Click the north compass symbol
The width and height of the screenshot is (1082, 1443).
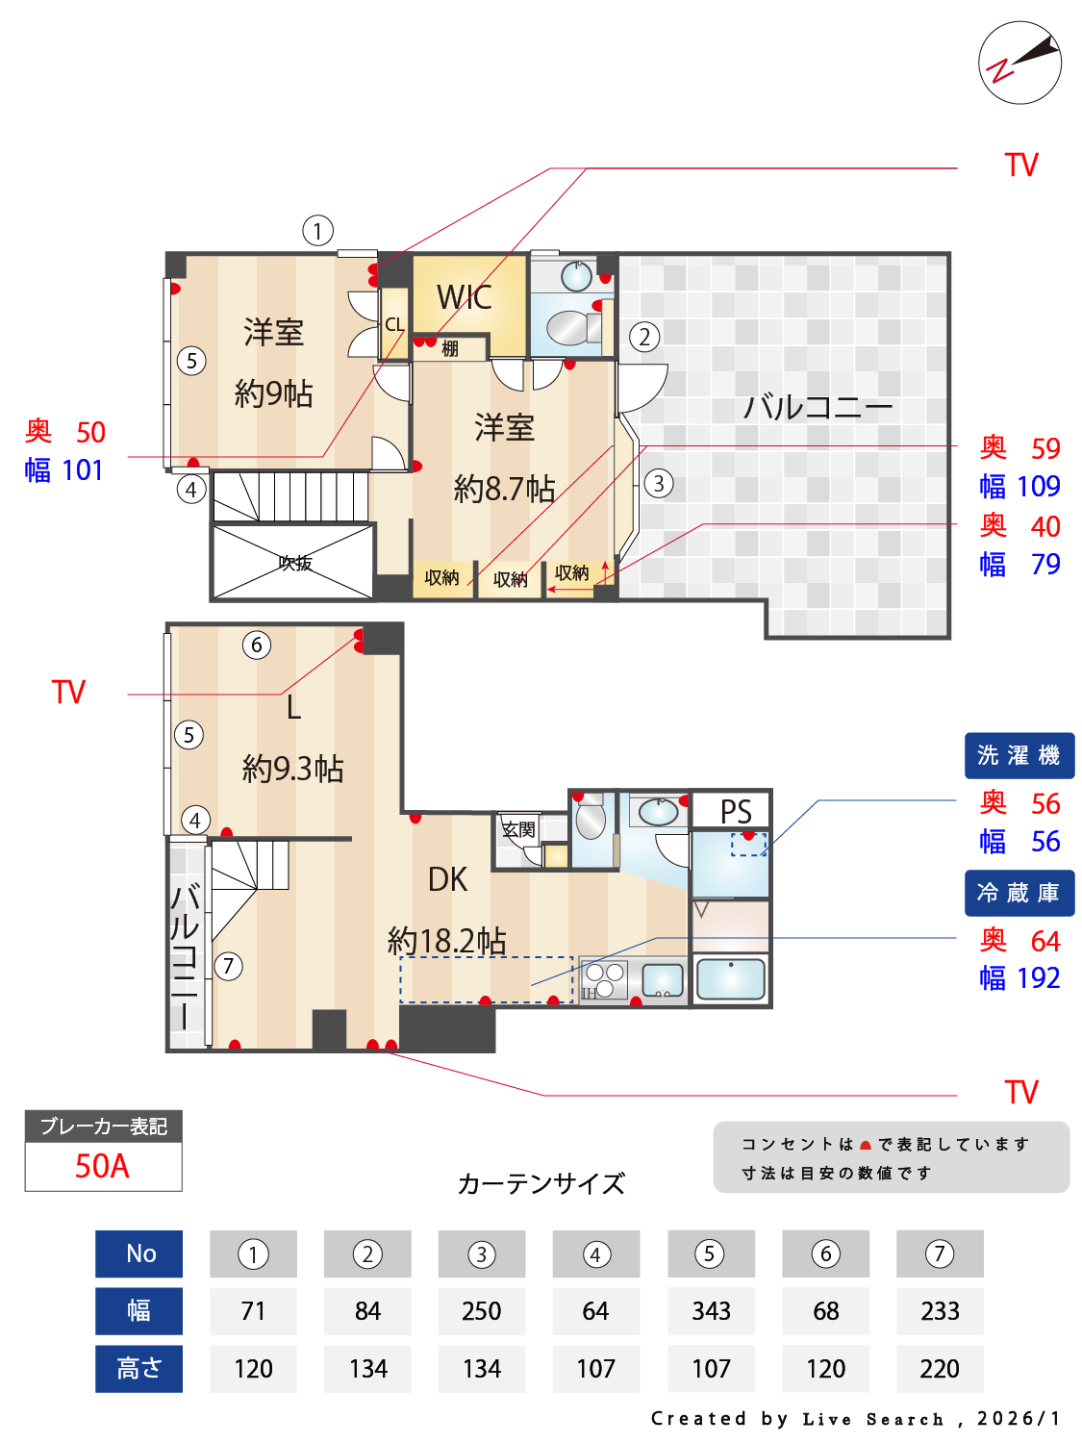(1019, 63)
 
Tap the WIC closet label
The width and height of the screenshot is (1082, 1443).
(465, 297)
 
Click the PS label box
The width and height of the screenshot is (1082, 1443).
(735, 811)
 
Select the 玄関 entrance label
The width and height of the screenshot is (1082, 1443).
(518, 829)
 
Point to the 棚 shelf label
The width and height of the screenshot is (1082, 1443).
(449, 348)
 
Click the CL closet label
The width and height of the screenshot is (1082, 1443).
(394, 325)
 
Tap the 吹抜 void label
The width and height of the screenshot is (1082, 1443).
(294, 563)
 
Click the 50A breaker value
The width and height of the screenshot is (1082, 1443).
(102, 1166)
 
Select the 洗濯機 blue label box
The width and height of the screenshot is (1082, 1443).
(1019, 755)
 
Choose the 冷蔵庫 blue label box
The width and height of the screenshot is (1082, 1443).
(1019, 893)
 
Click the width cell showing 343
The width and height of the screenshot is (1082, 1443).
(711, 1311)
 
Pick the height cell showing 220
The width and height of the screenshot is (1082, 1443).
(939, 1368)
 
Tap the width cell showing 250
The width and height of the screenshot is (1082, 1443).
(481, 1311)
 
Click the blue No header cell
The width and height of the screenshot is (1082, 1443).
(139, 1253)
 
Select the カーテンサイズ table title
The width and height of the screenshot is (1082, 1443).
(541, 1183)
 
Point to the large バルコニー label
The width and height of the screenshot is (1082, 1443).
(818, 407)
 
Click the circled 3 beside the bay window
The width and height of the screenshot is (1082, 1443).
(658, 483)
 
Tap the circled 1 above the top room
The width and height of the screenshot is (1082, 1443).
(317, 230)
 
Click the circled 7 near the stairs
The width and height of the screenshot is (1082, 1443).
(228, 966)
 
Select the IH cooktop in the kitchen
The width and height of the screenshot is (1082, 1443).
(605, 980)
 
